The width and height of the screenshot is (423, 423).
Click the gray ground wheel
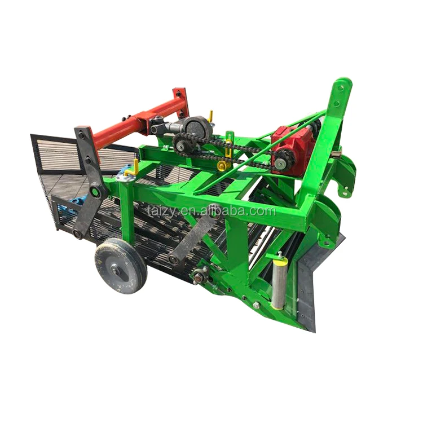click(120, 265)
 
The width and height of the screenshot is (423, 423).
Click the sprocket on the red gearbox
click(280, 163)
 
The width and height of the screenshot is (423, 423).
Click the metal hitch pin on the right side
click(337, 154)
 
